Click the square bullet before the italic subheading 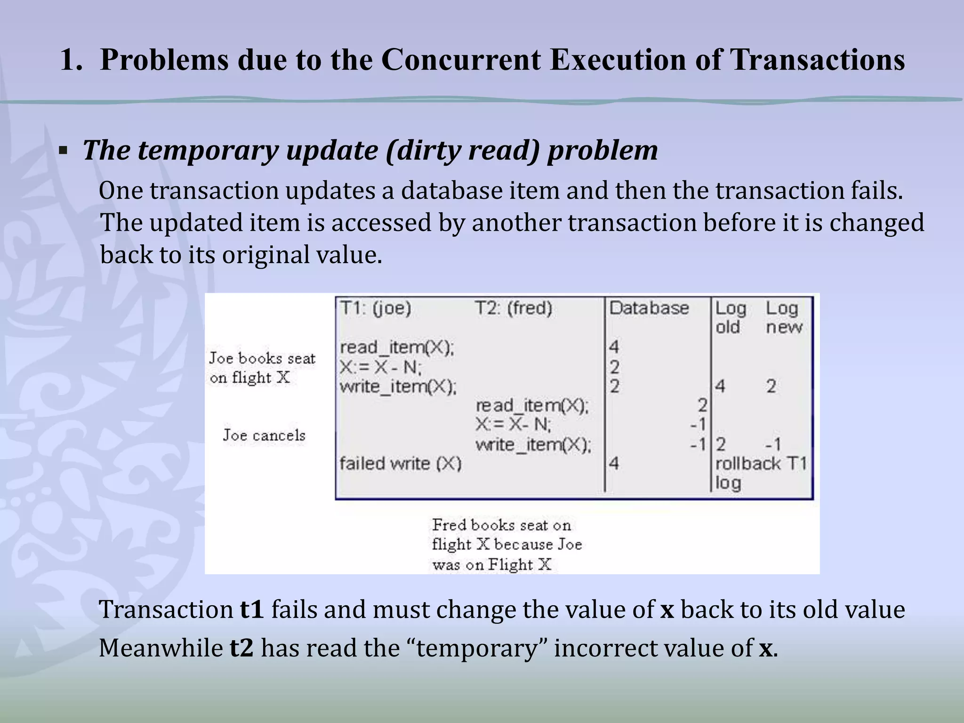pyautogui.click(x=63, y=152)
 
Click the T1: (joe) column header pyautogui.click(x=376, y=308)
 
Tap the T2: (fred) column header pyautogui.click(x=513, y=308)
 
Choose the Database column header pyautogui.click(x=649, y=308)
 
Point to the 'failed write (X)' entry pyautogui.click(x=401, y=464)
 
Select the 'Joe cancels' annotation pyautogui.click(x=264, y=435)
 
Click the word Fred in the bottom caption pyautogui.click(x=449, y=524)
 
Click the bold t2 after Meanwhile pyautogui.click(x=241, y=648)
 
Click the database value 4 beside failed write pyautogui.click(x=614, y=464)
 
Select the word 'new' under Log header pyautogui.click(x=784, y=327)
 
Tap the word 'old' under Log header pyautogui.click(x=728, y=327)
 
